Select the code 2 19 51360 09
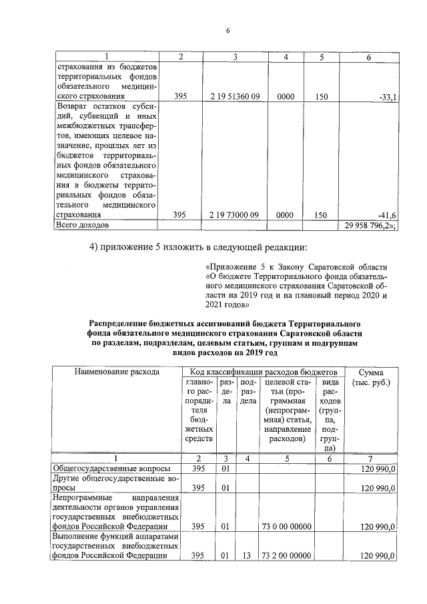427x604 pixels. click(x=234, y=97)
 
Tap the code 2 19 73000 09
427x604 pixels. click(x=234, y=215)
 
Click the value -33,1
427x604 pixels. click(x=387, y=97)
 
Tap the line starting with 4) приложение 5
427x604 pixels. click(x=198, y=249)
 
